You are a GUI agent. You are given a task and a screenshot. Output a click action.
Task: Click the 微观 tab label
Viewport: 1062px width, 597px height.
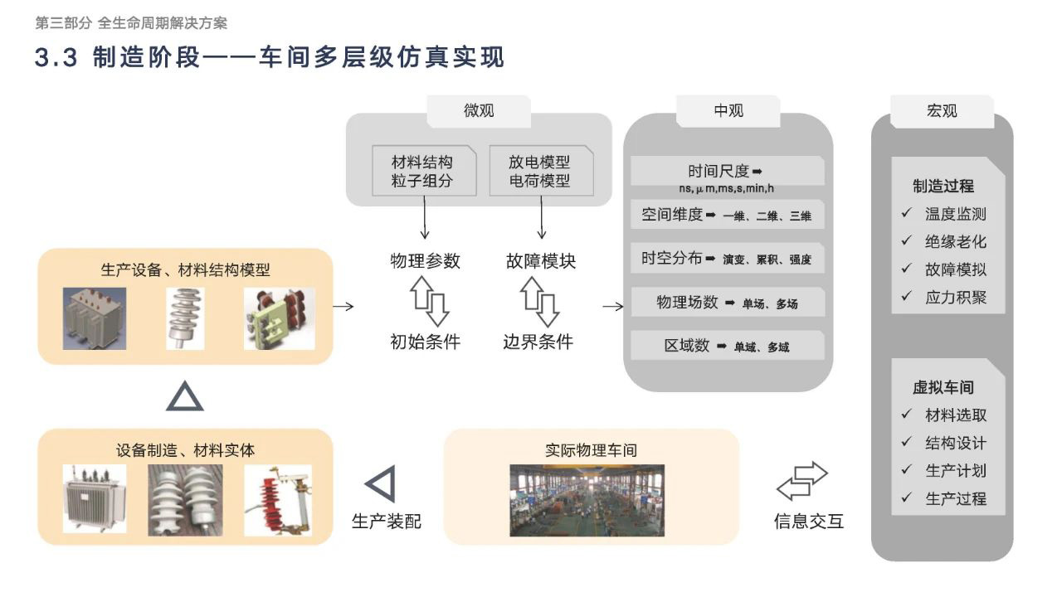click(479, 111)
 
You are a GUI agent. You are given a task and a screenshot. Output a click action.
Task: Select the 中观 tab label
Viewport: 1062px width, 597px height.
click(728, 111)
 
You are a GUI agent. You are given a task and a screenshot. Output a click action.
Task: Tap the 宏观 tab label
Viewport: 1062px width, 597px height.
click(942, 111)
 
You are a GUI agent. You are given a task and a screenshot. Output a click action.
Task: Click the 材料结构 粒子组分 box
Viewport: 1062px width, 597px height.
click(424, 171)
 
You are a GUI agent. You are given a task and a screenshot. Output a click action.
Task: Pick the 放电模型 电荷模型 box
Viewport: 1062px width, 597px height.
click(542, 171)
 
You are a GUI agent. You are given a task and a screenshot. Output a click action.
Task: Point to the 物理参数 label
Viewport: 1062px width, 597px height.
click(425, 261)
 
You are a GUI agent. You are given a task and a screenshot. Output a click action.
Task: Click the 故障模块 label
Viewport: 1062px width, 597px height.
click(541, 261)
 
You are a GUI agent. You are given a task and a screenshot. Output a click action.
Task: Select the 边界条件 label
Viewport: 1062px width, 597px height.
click(538, 342)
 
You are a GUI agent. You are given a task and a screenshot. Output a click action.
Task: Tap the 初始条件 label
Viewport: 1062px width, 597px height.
click(425, 342)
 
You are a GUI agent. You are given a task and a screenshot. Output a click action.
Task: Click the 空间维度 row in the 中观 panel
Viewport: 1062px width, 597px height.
click(728, 215)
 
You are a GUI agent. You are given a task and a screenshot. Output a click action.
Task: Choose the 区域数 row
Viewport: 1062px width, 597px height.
click(728, 346)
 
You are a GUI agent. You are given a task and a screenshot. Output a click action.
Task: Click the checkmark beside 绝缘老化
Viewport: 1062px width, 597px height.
click(907, 240)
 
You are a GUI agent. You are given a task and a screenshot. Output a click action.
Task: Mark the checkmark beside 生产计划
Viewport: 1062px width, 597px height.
click(907, 469)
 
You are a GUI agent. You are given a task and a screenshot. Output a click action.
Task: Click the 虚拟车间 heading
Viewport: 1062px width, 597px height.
click(943, 387)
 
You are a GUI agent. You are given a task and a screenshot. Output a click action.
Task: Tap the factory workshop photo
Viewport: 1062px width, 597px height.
click(587, 500)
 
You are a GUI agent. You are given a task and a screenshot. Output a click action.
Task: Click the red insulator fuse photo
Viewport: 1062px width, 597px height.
click(278, 500)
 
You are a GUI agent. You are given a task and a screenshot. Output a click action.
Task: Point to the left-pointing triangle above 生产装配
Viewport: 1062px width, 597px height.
click(380, 483)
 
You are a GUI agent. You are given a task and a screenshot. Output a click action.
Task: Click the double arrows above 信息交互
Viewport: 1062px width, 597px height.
click(802, 481)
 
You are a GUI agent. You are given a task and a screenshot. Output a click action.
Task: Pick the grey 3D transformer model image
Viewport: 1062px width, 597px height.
click(95, 318)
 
